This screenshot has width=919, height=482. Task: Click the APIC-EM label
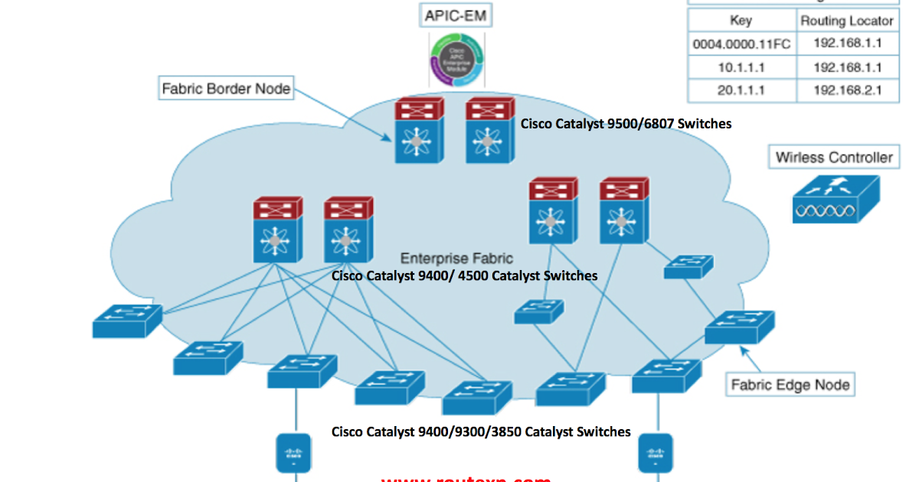[456, 15]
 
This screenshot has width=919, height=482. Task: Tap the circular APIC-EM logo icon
[456, 60]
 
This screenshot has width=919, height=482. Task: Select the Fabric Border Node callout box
[226, 89]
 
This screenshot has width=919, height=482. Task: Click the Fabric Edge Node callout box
[790, 384]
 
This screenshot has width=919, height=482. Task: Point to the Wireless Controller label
[834, 158]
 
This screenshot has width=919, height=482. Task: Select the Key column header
[741, 21]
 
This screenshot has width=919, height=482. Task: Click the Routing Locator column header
[846, 21]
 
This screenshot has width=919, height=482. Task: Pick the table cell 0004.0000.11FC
[741, 44]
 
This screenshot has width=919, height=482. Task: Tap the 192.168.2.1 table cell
[846, 90]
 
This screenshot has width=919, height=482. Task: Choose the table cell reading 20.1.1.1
[741, 90]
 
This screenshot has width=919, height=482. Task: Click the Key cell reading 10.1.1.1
[741, 67]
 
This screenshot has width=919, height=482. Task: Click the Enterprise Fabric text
[456, 259]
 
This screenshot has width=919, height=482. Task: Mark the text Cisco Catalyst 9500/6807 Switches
[626, 123]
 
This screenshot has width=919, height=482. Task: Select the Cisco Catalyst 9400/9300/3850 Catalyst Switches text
[481, 432]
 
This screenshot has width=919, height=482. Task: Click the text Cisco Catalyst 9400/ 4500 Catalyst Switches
[464, 275]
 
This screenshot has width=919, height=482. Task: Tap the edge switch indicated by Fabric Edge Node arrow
[739, 327]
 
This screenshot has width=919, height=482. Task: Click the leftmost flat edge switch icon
[127, 321]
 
